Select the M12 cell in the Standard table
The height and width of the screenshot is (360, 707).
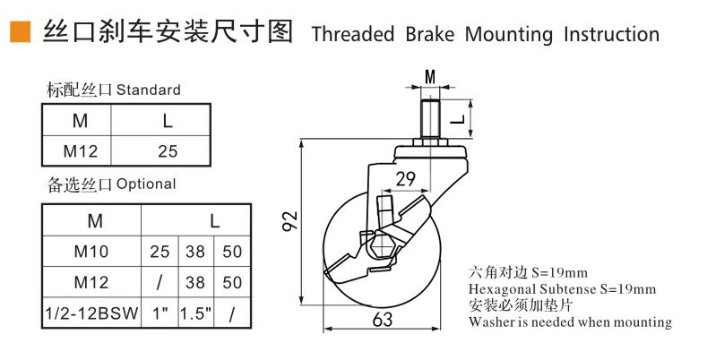[x=81, y=150]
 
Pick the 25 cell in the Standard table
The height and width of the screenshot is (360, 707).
[x=168, y=150]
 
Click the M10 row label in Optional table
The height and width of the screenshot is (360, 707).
[x=91, y=252]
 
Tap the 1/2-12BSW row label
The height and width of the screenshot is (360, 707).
[x=91, y=313]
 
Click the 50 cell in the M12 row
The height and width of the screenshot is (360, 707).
[x=231, y=283]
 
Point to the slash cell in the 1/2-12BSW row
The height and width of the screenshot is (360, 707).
[x=231, y=313]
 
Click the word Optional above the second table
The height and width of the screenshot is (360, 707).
[x=146, y=184]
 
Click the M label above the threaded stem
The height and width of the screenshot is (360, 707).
[x=430, y=77]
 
